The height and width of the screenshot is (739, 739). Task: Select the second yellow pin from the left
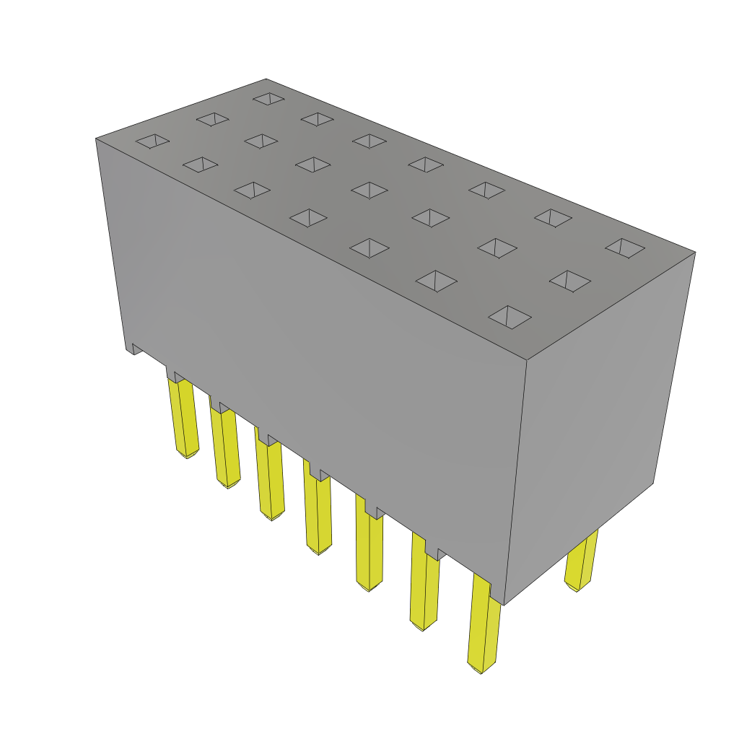[225, 447]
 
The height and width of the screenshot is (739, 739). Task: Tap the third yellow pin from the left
[269, 480]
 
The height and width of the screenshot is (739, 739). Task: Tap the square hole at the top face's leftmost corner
[152, 141]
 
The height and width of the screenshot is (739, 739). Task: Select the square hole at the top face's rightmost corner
[625, 248]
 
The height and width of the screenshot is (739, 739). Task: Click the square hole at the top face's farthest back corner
[268, 98]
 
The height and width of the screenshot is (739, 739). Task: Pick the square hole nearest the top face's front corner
[510, 317]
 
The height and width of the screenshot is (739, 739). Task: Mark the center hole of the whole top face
[369, 190]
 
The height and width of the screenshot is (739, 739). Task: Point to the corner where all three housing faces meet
[527, 359]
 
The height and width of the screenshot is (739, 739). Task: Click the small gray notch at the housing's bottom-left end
[136, 349]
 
